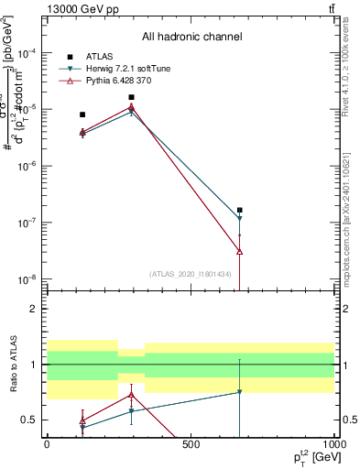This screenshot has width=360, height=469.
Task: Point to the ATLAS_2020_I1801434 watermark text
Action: pos(191,274)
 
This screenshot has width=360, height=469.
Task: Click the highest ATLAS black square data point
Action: pos(132,97)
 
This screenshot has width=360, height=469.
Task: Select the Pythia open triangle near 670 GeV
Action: pos(239,251)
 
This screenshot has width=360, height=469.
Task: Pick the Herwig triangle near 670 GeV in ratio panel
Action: pos(239,392)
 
